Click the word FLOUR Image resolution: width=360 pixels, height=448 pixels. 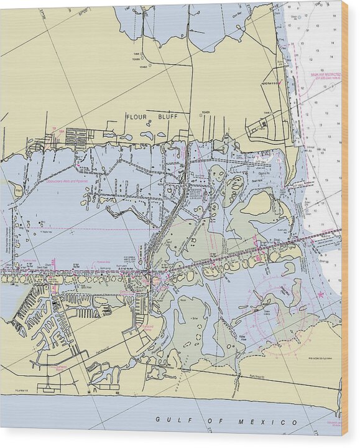click(x=136, y=117)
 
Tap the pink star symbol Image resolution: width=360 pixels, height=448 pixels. click(x=321, y=294)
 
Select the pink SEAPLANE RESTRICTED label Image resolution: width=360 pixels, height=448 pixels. click(x=326, y=75)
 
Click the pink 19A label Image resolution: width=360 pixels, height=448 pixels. click(x=54, y=129)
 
